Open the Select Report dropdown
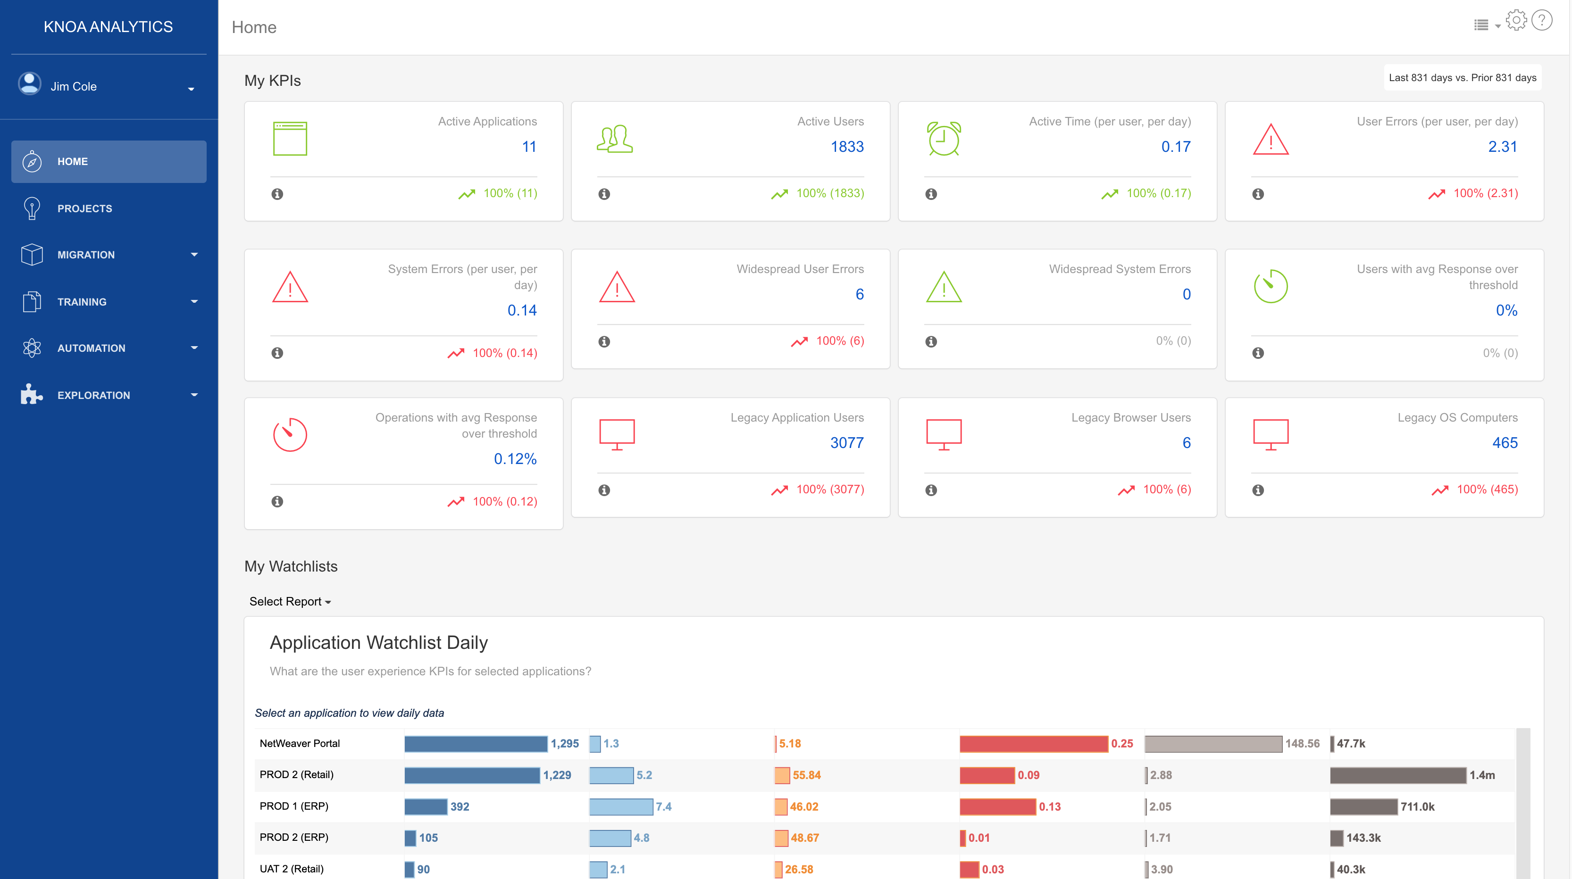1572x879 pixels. click(290, 601)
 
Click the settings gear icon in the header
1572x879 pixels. click(1516, 21)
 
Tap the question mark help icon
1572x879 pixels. click(1542, 21)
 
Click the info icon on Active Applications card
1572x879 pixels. click(277, 194)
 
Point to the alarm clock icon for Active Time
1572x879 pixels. click(944, 139)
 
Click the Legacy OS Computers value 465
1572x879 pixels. click(1504, 443)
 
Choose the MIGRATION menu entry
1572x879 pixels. click(86, 255)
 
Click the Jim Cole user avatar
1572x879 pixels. click(29, 84)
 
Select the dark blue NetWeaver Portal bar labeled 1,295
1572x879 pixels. click(476, 744)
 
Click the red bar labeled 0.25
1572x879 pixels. click(1033, 744)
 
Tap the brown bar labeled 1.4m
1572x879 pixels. click(1397, 775)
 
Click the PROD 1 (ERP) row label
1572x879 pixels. click(293, 806)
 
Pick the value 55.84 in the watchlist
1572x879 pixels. click(806, 775)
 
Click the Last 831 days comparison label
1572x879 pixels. click(1462, 77)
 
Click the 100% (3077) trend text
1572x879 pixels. click(829, 489)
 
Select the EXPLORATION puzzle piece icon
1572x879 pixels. click(31, 395)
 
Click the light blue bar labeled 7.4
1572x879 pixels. click(620, 806)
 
